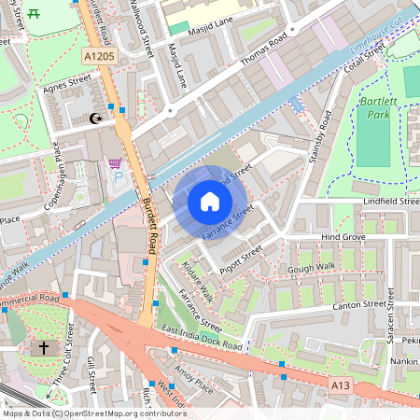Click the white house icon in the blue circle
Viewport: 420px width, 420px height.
pos(210,202)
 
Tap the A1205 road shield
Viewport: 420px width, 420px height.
pos(99,58)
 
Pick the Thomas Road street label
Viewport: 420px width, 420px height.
pos(266,52)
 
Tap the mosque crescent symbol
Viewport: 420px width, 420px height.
pos(93,118)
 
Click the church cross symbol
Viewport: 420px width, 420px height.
pos(42,347)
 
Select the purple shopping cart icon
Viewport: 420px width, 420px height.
pos(116,164)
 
